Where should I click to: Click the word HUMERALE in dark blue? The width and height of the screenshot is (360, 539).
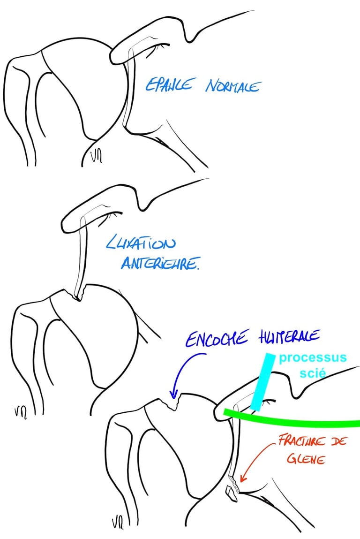(289, 336)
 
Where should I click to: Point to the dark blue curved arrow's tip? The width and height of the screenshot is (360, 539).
(173, 397)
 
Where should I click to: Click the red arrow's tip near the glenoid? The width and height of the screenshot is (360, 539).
(240, 481)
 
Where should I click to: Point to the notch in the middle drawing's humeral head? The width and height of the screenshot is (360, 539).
(75, 296)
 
